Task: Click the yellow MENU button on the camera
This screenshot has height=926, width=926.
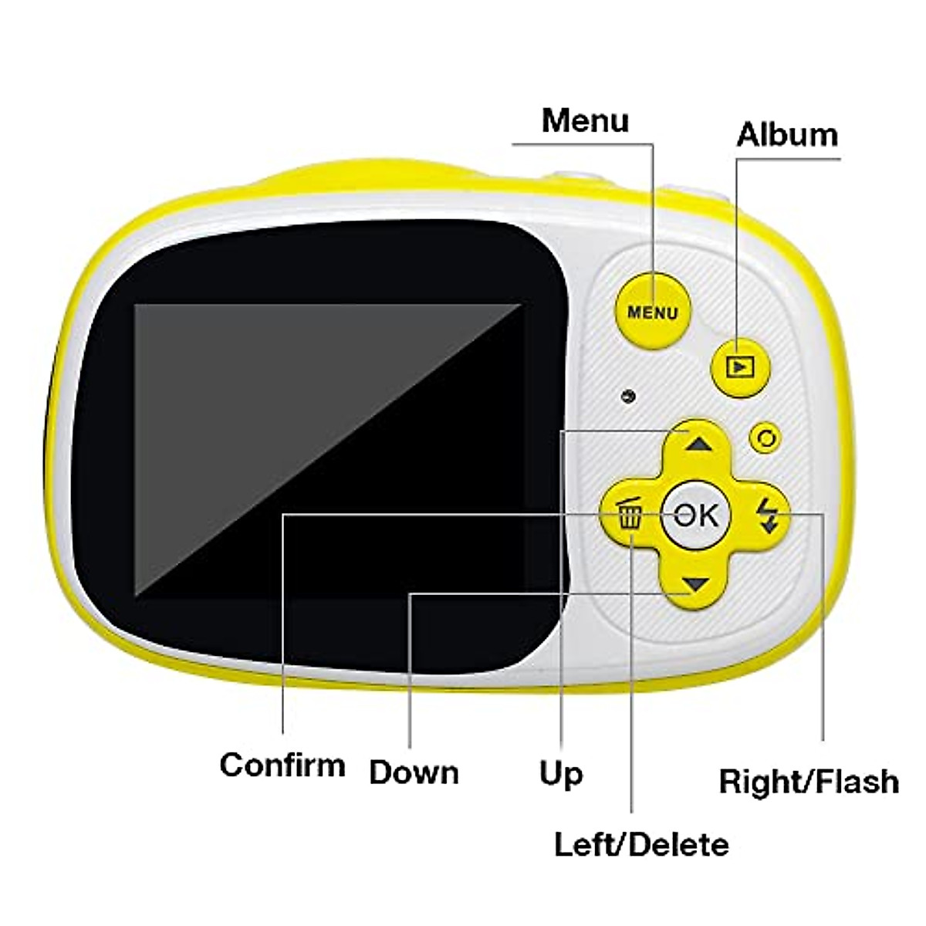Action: tap(653, 311)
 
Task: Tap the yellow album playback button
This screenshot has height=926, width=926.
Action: tap(740, 367)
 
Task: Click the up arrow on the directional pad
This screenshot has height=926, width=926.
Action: tap(697, 444)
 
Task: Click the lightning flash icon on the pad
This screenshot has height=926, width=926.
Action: tap(765, 515)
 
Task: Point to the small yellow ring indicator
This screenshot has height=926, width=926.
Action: tap(765, 438)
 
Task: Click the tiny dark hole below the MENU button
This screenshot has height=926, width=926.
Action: tap(629, 396)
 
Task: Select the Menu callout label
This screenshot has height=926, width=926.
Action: tap(585, 121)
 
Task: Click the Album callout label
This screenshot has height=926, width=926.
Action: tap(786, 135)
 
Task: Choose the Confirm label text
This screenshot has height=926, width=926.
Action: tap(282, 765)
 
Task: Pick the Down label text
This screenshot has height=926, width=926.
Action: tap(414, 772)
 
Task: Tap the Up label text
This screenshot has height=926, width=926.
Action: tap(561, 773)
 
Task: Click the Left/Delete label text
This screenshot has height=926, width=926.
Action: tap(641, 844)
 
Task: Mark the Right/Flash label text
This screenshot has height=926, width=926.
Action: tap(809, 782)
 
